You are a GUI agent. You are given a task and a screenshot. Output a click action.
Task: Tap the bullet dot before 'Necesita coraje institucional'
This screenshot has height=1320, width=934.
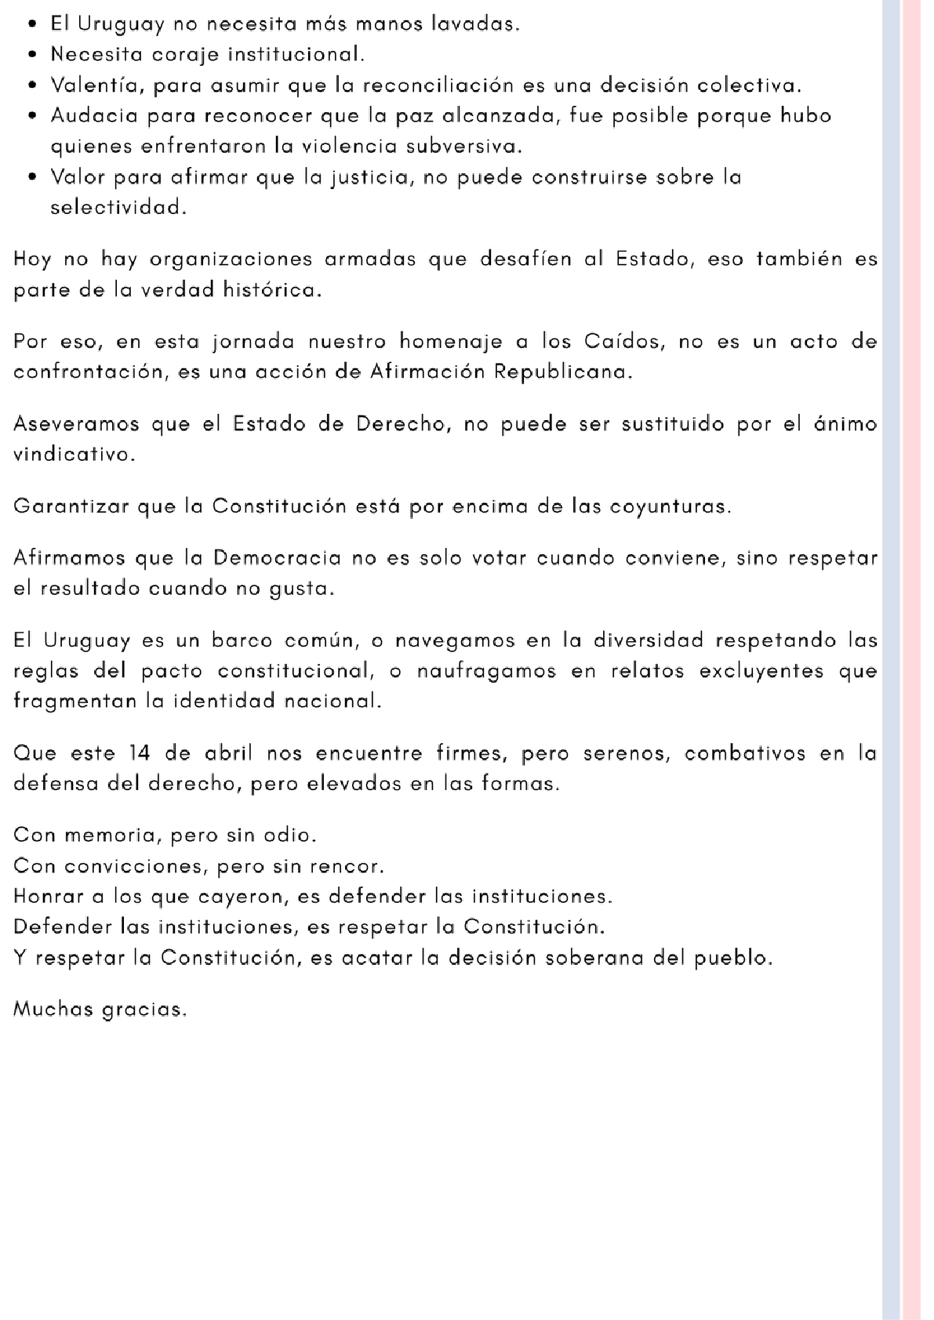pyautogui.click(x=31, y=56)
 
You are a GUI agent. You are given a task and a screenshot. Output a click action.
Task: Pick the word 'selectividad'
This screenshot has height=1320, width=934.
pyautogui.click(x=118, y=208)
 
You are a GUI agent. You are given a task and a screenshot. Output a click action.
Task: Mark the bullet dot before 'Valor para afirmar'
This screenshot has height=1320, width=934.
pyautogui.click(x=31, y=177)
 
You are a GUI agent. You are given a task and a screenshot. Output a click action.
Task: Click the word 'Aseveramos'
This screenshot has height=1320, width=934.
pyautogui.click(x=75, y=424)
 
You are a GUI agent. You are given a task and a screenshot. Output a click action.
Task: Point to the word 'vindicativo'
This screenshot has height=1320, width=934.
pyautogui.click(x=74, y=455)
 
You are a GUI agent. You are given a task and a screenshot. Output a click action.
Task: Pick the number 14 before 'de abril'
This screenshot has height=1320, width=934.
pyautogui.click(x=139, y=754)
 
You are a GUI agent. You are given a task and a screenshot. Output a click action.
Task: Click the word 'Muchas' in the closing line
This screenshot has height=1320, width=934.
pyautogui.click(x=53, y=1009)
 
